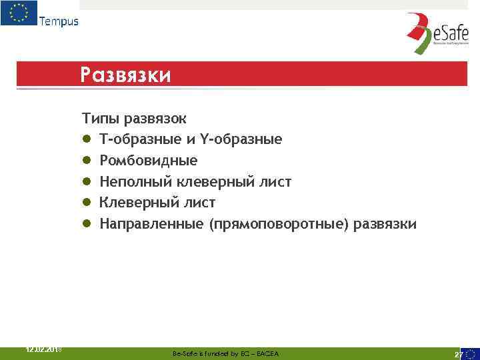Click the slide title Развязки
coord(125,74)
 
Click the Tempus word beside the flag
coord(59,21)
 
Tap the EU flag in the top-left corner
coord(19,13)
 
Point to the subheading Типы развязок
coord(135,119)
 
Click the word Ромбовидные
coord(149,161)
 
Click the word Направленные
coord(151,224)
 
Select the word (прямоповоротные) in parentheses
coord(277,224)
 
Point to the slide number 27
coord(458,354)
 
